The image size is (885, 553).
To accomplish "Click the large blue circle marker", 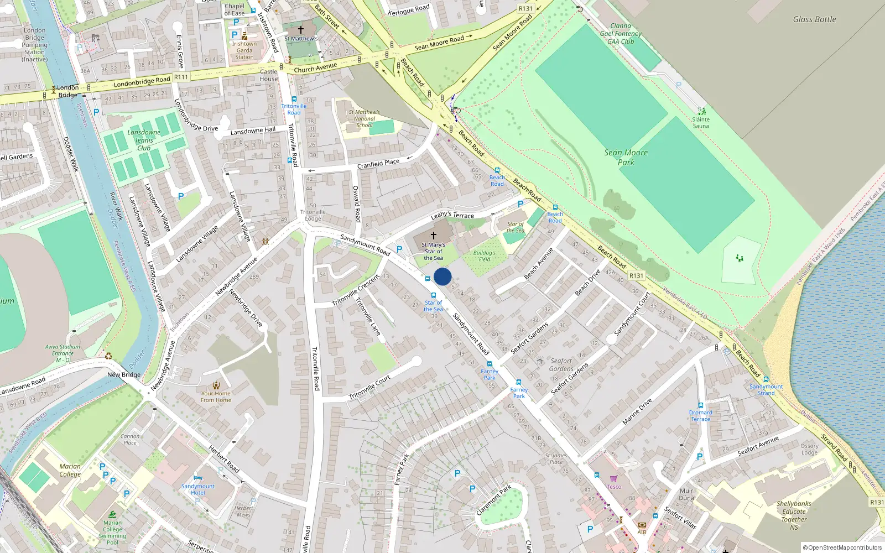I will click(442, 276).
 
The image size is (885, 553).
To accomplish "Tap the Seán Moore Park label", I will click(626, 158).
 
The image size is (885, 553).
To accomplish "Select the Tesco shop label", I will click(614, 487).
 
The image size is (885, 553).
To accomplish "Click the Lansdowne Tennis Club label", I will click(144, 140).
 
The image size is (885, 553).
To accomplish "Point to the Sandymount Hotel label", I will click(197, 489).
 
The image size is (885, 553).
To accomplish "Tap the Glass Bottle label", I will click(814, 19).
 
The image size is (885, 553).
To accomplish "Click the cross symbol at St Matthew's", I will click(301, 29).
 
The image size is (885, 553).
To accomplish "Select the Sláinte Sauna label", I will click(701, 123).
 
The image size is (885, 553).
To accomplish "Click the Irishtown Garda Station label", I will click(244, 50).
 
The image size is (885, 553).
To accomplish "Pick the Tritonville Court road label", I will click(369, 388).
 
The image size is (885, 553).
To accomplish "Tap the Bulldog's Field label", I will click(484, 256).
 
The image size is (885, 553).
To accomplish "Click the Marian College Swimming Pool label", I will click(112, 532).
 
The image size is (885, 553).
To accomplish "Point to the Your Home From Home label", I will click(216, 397).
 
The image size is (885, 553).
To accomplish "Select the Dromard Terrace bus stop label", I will click(700, 416).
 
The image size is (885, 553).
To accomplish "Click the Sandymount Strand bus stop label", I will click(766, 390).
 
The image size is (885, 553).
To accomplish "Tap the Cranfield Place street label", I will click(378, 164).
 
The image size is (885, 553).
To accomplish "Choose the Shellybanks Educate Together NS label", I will click(794, 515).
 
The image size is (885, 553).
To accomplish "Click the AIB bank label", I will click(642, 532).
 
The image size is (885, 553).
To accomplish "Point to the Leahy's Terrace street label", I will click(452, 215).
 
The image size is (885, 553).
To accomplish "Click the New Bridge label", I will click(124, 374).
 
